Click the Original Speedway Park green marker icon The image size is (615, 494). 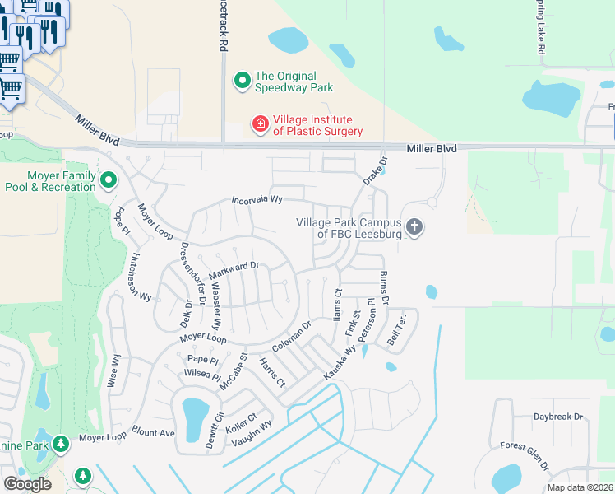point(243,81)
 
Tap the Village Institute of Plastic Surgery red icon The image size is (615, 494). point(260,124)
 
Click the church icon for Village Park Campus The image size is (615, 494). point(414,226)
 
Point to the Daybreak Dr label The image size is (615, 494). point(557,417)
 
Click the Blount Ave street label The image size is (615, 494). point(153,432)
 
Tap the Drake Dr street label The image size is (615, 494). point(374,171)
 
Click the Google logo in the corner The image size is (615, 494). point(27,484)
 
